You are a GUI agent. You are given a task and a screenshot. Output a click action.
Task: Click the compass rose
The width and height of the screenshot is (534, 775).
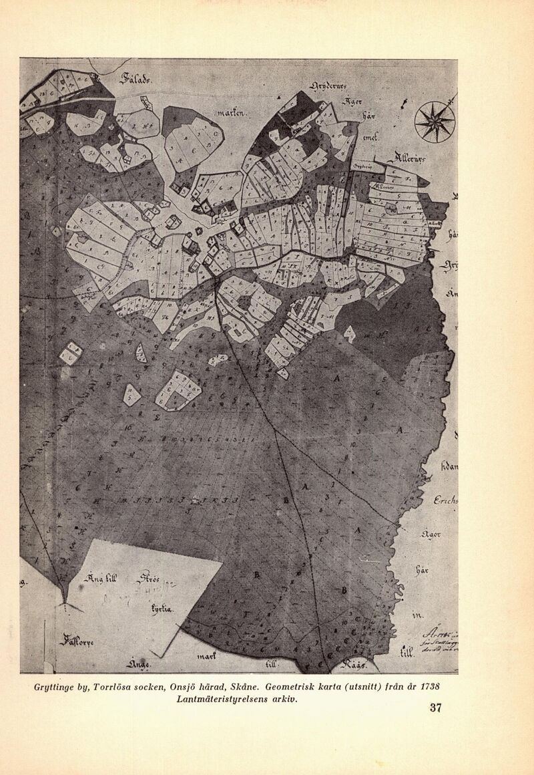(x=435, y=121)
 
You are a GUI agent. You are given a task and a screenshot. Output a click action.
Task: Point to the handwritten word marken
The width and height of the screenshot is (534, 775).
(x=232, y=114)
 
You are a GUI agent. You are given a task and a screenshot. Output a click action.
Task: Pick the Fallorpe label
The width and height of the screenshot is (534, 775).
(x=79, y=642)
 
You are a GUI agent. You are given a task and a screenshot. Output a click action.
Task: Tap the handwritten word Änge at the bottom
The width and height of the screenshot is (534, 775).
(x=138, y=664)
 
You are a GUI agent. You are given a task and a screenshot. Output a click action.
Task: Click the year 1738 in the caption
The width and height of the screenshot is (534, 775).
(x=427, y=687)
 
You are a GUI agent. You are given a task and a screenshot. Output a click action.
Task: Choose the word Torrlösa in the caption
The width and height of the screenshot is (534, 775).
(x=121, y=687)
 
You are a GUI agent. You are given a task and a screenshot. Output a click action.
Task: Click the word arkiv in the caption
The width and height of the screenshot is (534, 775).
(x=282, y=700)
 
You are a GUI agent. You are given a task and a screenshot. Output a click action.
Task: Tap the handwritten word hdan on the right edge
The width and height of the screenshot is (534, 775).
(x=449, y=466)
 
